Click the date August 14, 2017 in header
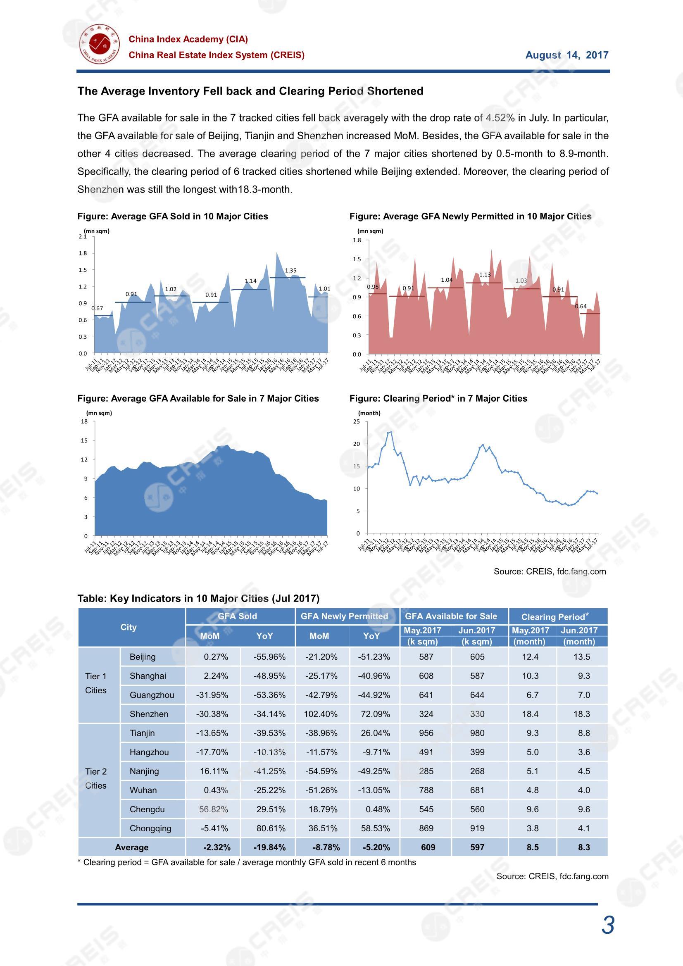[x=566, y=55]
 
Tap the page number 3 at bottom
[x=608, y=926]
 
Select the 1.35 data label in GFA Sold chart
[x=290, y=271]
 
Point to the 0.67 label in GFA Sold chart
[x=97, y=308]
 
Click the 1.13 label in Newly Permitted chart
[x=485, y=275]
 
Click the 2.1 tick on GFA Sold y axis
[x=83, y=236]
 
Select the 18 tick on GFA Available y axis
[x=85, y=421]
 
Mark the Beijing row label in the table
[x=142, y=657]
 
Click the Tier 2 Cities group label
[x=96, y=778]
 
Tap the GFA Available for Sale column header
[x=451, y=616]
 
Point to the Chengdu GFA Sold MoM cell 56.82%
[x=214, y=809]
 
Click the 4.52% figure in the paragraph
[x=500, y=118]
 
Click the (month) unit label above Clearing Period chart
[x=369, y=413]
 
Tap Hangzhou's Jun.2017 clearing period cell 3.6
[x=584, y=752]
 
